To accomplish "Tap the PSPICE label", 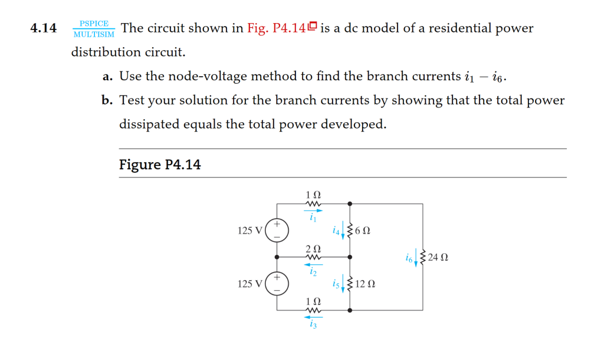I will pyautogui.click(x=94, y=23).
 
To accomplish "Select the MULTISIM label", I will pyautogui.click(x=94, y=34).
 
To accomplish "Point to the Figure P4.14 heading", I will pyautogui.click(x=160, y=165).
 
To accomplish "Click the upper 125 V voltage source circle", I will pyautogui.click(x=277, y=230).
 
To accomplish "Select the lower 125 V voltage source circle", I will pyautogui.click(x=277, y=284).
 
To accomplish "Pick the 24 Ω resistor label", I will pyautogui.click(x=439, y=257).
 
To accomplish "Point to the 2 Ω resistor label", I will pyautogui.click(x=313, y=248).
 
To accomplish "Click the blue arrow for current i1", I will pyautogui.click(x=313, y=211).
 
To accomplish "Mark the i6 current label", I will pyautogui.click(x=409, y=257).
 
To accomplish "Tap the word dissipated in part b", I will pyautogui.click(x=150, y=125).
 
